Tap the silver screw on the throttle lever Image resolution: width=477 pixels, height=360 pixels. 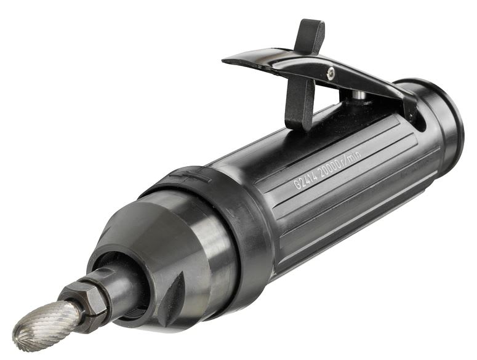(x=331, y=74)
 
